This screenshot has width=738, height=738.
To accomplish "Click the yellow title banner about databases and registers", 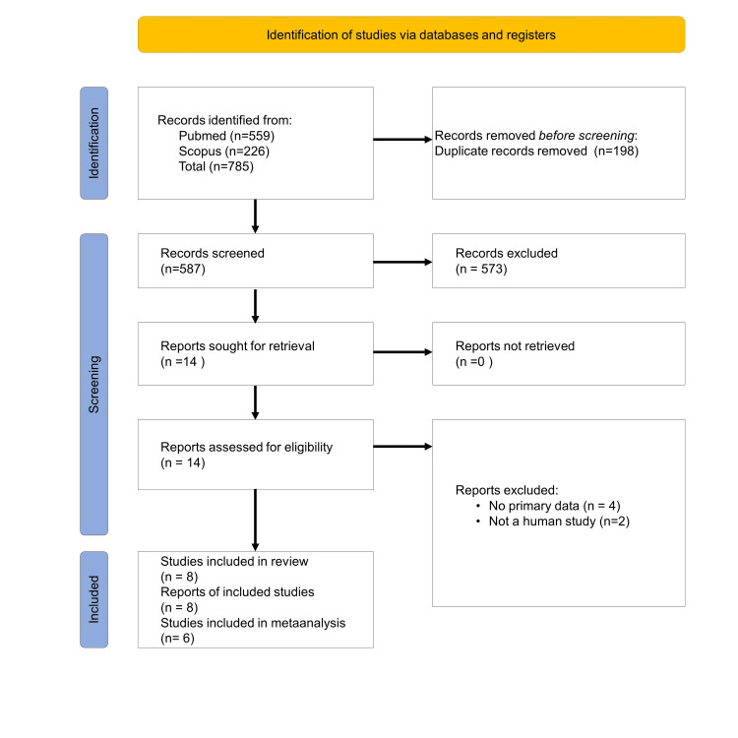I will point(410,34).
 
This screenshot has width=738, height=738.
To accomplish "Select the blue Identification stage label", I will point(94,143).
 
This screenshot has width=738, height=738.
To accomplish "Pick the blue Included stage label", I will point(94,599).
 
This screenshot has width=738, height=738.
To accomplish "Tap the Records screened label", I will point(213,253).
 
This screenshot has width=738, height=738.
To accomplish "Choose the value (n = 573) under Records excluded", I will point(481,269).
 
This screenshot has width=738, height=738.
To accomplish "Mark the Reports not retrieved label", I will point(515,345).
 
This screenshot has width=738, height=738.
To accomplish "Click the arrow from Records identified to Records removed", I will point(402,139).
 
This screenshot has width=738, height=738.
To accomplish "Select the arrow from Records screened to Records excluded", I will point(402,262).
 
